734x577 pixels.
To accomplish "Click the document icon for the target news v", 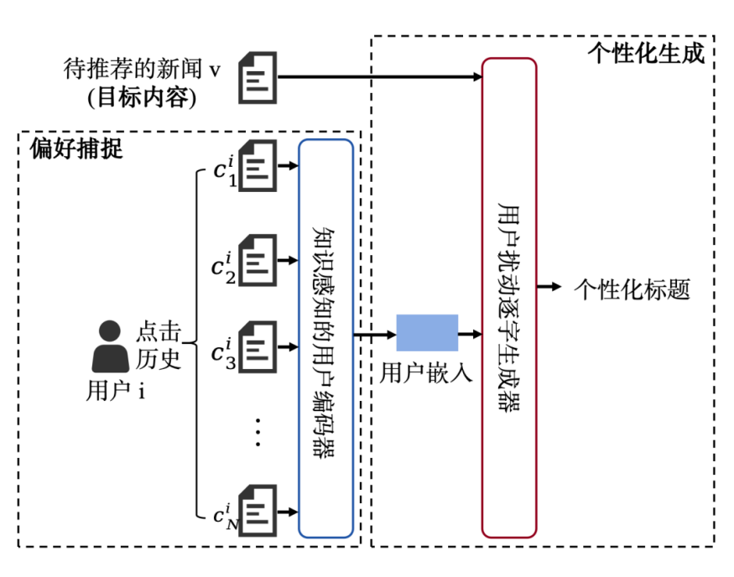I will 258,78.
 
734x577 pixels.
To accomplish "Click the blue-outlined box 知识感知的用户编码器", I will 325,337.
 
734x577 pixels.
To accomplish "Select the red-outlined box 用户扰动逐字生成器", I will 508,297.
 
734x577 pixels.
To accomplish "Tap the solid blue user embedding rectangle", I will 427,333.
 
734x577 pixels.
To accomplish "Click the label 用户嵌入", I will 426,373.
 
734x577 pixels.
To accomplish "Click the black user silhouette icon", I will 110,346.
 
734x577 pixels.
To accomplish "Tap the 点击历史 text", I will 159,344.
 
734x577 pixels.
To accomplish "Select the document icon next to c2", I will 258,260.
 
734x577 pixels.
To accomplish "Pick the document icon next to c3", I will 258,344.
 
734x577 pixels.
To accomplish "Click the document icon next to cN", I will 258,509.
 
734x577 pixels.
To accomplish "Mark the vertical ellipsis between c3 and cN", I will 258,431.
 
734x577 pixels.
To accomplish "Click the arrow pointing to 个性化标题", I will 549,288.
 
